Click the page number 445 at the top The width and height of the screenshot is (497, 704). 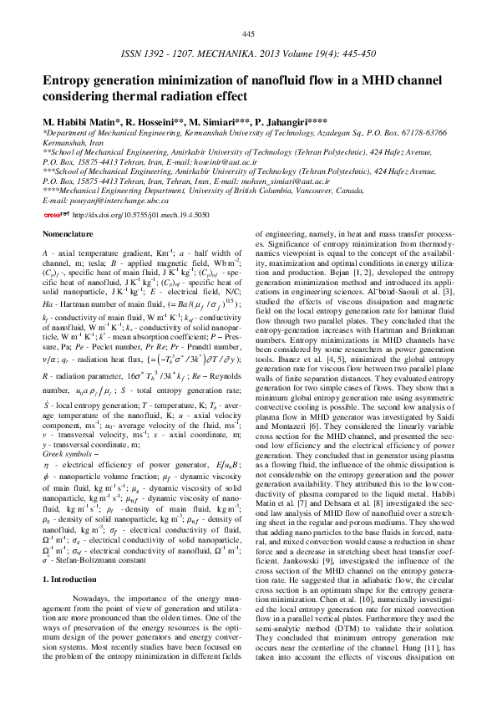248,33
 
